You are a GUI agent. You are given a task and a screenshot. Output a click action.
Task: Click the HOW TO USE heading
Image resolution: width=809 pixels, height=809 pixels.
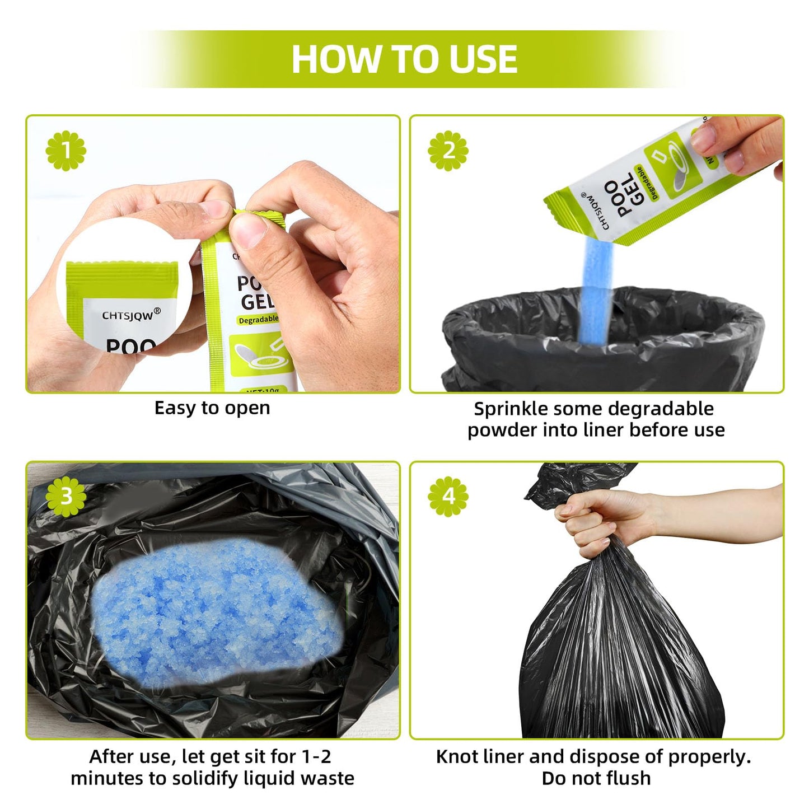(x=404, y=59)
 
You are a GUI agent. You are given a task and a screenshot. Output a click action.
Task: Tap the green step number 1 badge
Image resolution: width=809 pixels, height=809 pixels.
(x=66, y=151)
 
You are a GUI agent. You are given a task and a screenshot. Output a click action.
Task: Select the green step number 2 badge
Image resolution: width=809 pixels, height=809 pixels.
(x=448, y=151)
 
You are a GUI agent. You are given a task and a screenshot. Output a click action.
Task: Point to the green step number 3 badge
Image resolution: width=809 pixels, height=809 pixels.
(x=66, y=497)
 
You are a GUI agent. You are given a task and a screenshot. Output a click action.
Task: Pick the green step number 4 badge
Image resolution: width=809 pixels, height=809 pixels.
(x=448, y=497)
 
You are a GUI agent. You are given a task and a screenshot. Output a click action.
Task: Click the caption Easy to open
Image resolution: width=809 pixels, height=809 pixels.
(x=212, y=408)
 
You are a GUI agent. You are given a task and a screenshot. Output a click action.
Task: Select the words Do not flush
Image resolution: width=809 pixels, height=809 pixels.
(x=596, y=778)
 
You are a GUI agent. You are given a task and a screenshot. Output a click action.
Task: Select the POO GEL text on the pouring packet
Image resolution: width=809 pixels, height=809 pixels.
(x=627, y=199)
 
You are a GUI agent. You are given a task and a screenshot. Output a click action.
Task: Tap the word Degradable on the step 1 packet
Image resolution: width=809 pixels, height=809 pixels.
(x=258, y=320)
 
